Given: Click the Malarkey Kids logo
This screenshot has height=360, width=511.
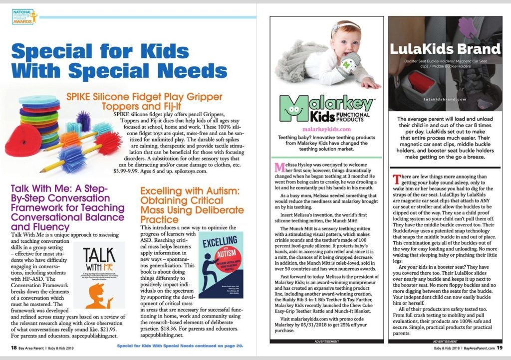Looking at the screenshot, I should click(x=326, y=109).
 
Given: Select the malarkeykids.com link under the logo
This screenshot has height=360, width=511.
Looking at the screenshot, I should click(x=326, y=128).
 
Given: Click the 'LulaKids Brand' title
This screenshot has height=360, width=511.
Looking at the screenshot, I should click(x=445, y=49).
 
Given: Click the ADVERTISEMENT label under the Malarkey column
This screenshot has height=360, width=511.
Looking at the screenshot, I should click(x=326, y=341).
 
